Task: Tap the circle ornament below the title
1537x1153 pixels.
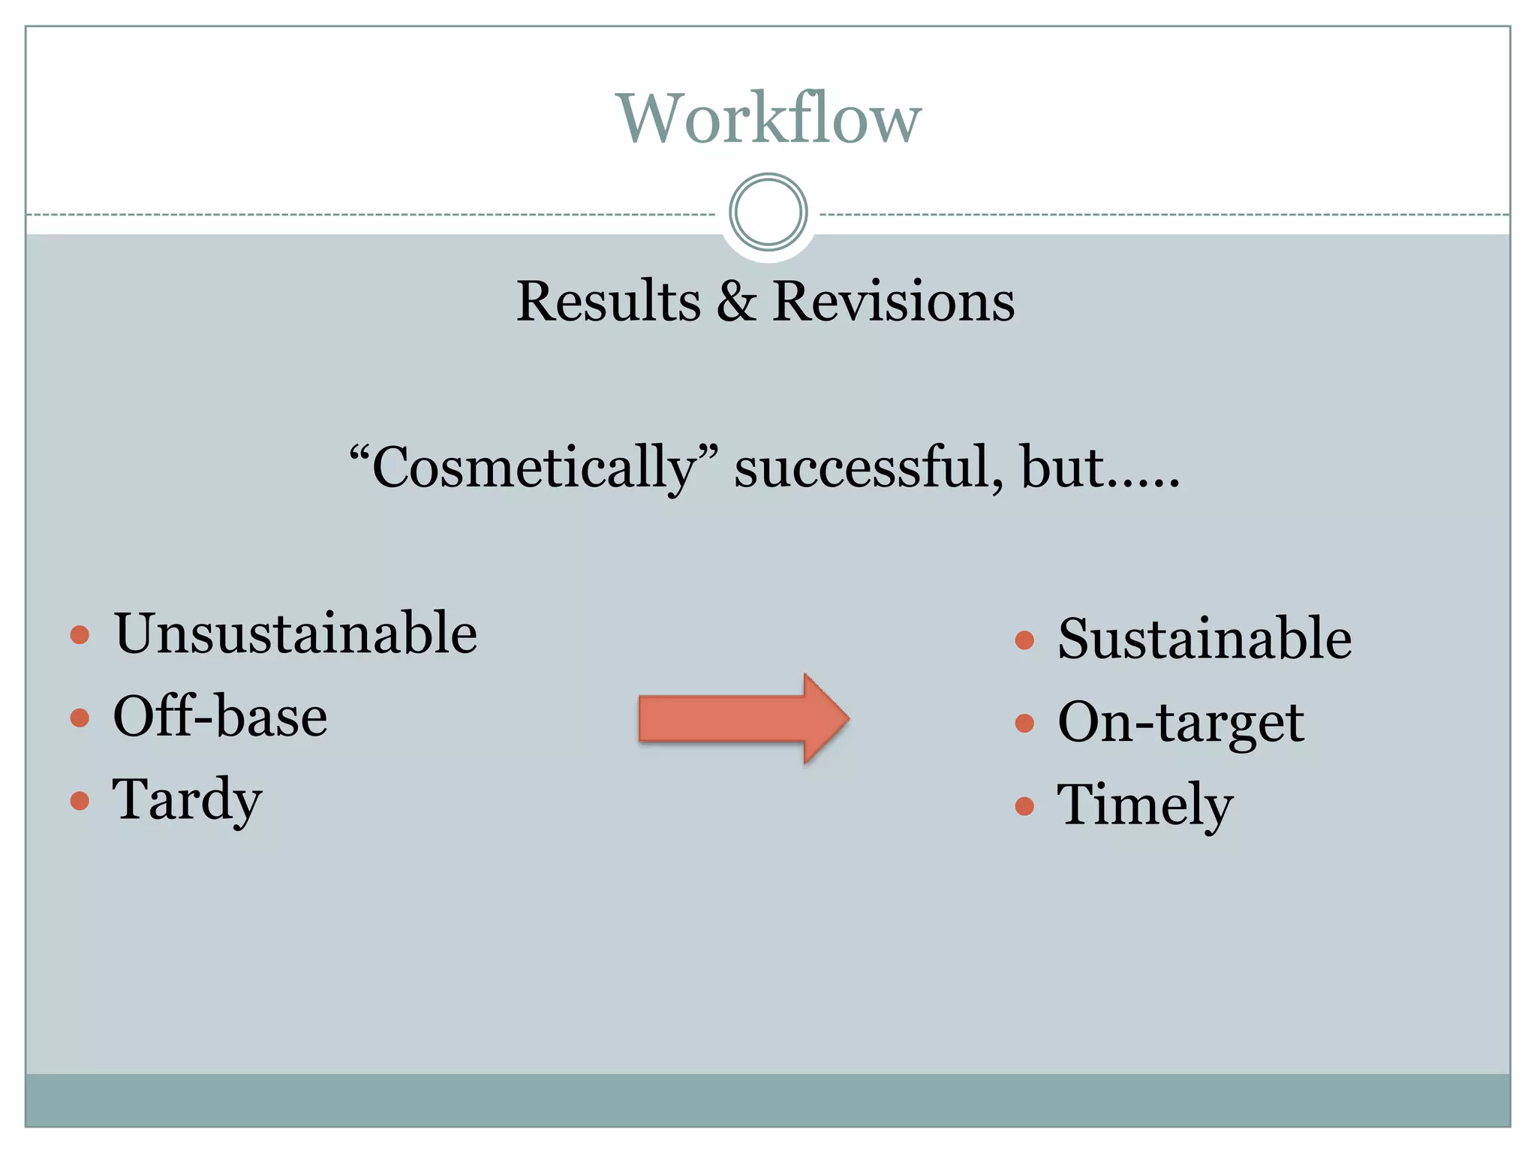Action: [x=768, y=212]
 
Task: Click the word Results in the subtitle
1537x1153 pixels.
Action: [x=608, y=302]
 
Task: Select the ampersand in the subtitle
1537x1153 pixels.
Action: [x=736, y=302]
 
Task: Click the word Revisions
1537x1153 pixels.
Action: [x=893, y=302]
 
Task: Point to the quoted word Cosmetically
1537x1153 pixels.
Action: [x=534, y=468]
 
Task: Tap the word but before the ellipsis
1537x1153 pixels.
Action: [x=1063, y=468]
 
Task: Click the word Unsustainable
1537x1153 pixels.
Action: [x=295, y=634]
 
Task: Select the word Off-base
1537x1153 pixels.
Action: [x=220, y=717]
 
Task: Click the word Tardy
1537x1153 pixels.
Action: [x=187, y=800]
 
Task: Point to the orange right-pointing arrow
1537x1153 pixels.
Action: [x=743, y=718]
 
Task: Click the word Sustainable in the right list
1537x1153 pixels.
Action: [x=1205, y=640]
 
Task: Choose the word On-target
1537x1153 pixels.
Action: [x=1181, y=723]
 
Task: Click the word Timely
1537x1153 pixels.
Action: [x=1144, y=805]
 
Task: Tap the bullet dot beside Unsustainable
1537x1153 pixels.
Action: [x=80, y=636]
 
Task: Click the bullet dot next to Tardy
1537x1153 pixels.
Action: [x=80, y=801]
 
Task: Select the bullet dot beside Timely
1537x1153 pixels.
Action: [x=1024, y=806]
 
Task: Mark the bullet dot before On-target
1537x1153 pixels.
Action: [x=1024, y=723]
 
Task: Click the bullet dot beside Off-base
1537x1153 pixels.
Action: [x=80, y=718]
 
